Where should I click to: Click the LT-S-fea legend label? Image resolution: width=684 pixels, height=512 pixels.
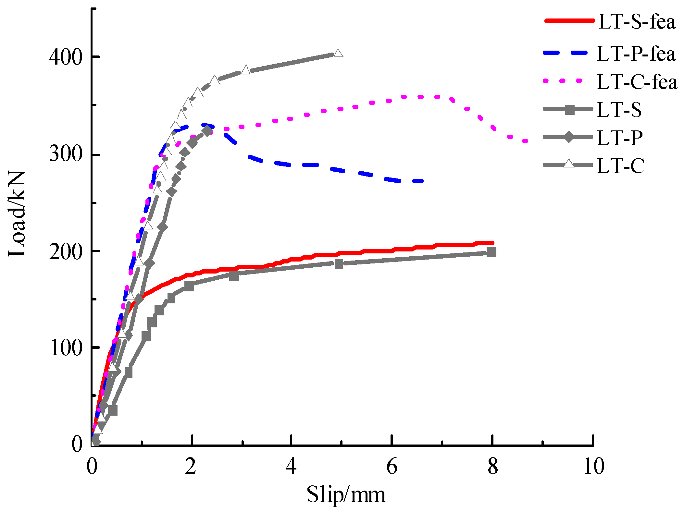(x=637, y=22)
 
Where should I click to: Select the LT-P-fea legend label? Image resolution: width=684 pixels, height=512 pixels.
(x=636, y=54)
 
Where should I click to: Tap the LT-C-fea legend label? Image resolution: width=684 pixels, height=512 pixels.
(x=637, y=82)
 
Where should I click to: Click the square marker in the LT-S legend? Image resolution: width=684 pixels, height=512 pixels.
(x=569, y=110)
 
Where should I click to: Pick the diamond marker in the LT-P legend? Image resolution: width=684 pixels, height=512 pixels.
(x=569, y=137)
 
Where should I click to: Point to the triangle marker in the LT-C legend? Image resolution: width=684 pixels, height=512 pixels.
(x=569, y=164)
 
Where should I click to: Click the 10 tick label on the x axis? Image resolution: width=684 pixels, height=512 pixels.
(x=593, y=467)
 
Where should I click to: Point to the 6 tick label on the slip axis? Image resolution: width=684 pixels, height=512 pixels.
(x=392, y=467)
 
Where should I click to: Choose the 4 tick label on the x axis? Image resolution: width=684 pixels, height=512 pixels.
(x=291, y=467)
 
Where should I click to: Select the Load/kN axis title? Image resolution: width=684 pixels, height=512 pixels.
(x=17, y=214)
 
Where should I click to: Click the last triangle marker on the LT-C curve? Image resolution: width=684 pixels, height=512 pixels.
(x=338, y=53)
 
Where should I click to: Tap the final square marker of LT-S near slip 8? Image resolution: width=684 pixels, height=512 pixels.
(x=491, y=252)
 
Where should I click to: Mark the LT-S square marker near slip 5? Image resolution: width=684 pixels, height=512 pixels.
(x=339, y=264)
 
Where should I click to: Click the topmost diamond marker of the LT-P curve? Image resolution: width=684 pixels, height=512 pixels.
(x=207, y=131)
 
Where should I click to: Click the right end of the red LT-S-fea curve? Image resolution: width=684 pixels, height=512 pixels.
(x=492, y=243)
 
